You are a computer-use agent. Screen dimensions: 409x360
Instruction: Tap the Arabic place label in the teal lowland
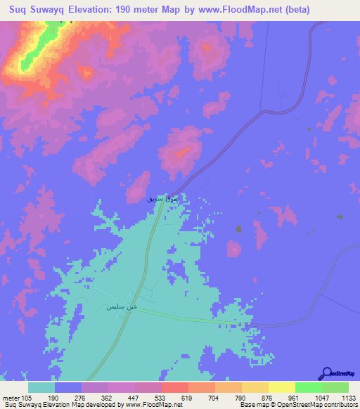click(x=121, y=307)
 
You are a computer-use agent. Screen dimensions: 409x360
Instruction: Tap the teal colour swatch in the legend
click(x=41, y=387)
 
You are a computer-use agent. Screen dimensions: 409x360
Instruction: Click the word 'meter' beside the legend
click(x=11, y=397)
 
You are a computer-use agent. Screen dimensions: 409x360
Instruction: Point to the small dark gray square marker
click(x=239, y=228)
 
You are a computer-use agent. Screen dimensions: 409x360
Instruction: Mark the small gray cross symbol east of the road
click(x=340, y=217)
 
